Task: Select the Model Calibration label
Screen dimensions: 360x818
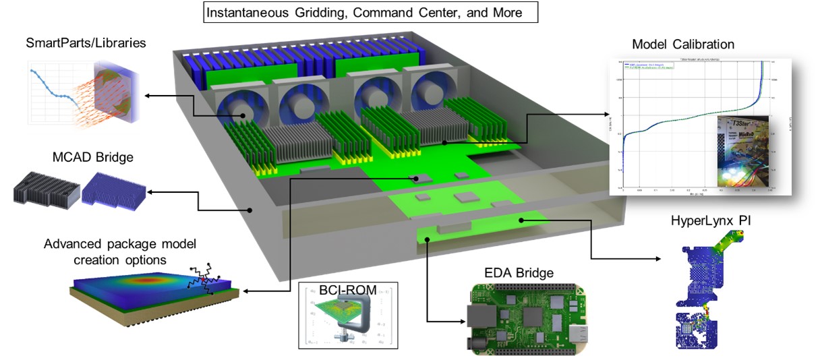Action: [682, 44]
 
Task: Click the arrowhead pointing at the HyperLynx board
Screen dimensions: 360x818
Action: [660, 259]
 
